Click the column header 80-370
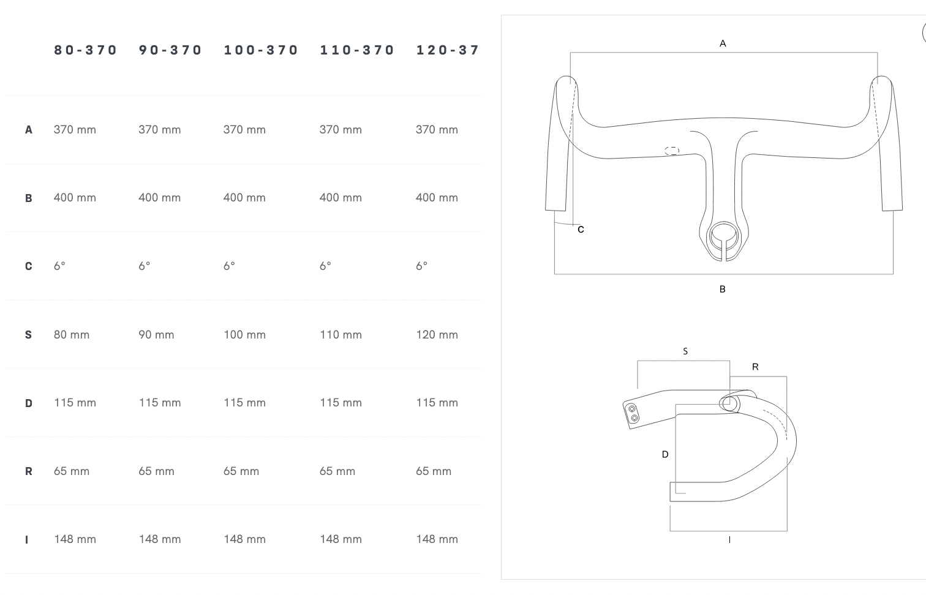pyautogui.click(x=86, y=50)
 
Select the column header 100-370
pyautogui.click(x=260, y=50)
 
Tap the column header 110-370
pyautogui.click(x=357, y=50)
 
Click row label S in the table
pyautogui.click(x=28, y=335)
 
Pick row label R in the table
pyautogui.click(x=29, y=471)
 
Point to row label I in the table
pyautogui.click(x=27, y=540)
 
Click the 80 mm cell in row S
pyautogui.click(x=72, y=335)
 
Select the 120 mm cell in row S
pyautogui.click(x=437, y=335)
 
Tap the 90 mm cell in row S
pyautogui.click(x=156, y=335)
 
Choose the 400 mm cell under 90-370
pyautogui.click(x=160, y=198)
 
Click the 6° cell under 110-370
pyautogui.click(x=325, y=266)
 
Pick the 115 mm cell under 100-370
pyautogui.click(x=245, y=403)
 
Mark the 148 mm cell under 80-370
pyautogui.click(x=75, y=539)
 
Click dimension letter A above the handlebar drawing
pyautogui.click(x=723, y=43)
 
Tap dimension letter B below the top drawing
pyautogui.click(x=723, y=289)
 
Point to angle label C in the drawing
pyautogui.click(x=581, y=230)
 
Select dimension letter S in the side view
pyautogui.click(x=685, y=351)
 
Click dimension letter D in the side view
pyautogui.click(x=665, y=454)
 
